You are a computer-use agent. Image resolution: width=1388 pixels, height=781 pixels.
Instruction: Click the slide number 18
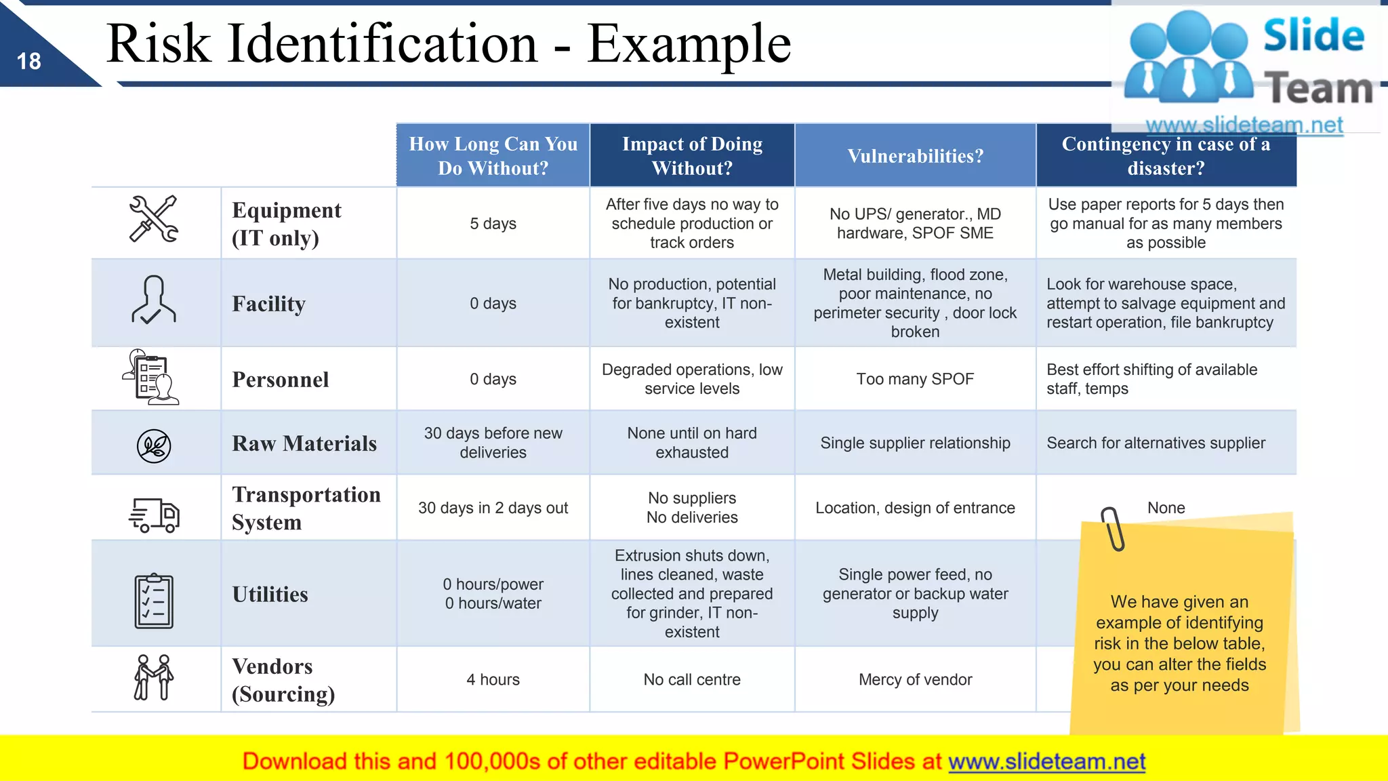pos(28,62)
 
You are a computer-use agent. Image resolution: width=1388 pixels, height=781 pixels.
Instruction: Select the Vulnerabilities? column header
pos(915,156)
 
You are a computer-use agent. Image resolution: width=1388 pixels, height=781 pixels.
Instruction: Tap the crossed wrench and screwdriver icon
pos(154,219)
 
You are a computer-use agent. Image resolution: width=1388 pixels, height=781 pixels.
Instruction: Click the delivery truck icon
pos(154,515)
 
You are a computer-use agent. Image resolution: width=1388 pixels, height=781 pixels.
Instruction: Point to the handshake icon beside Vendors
pos(154,677)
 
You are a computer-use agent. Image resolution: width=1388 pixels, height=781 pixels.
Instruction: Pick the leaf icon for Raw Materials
pos(154,445)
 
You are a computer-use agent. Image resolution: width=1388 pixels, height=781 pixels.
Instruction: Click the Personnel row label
pos(280,380)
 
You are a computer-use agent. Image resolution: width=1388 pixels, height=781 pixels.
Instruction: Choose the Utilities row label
pos(270,594)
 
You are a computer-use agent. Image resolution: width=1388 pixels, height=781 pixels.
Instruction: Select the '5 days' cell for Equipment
pos(493,224)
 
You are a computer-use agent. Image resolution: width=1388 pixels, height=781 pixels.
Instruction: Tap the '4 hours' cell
pos(493,679)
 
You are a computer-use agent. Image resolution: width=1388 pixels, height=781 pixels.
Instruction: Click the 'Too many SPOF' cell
pos(915,379)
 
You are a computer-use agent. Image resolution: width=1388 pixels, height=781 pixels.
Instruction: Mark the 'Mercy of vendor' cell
pos(915,679)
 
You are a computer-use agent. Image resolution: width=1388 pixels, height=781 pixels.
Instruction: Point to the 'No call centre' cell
pos(692,679)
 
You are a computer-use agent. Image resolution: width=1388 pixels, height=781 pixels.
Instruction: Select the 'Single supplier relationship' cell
pos(915,443)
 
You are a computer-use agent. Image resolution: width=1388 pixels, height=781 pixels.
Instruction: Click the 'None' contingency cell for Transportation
pos(1166,508)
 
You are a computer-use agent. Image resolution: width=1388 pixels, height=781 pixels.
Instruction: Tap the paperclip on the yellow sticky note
pos(1112,528)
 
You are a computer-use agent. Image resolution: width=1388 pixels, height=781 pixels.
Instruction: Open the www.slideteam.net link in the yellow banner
pos(1046,761)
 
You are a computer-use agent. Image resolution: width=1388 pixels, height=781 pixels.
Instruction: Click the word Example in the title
pos(689,45)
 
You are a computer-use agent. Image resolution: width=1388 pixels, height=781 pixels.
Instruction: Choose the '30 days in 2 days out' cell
pos(493,508)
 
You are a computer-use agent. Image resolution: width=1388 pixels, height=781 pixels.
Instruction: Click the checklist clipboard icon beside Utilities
pos(154,601)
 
